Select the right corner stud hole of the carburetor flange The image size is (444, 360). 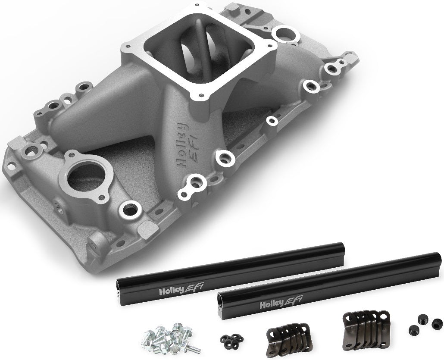pos(271,45)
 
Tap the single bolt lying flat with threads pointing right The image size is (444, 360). pos(190,347)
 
